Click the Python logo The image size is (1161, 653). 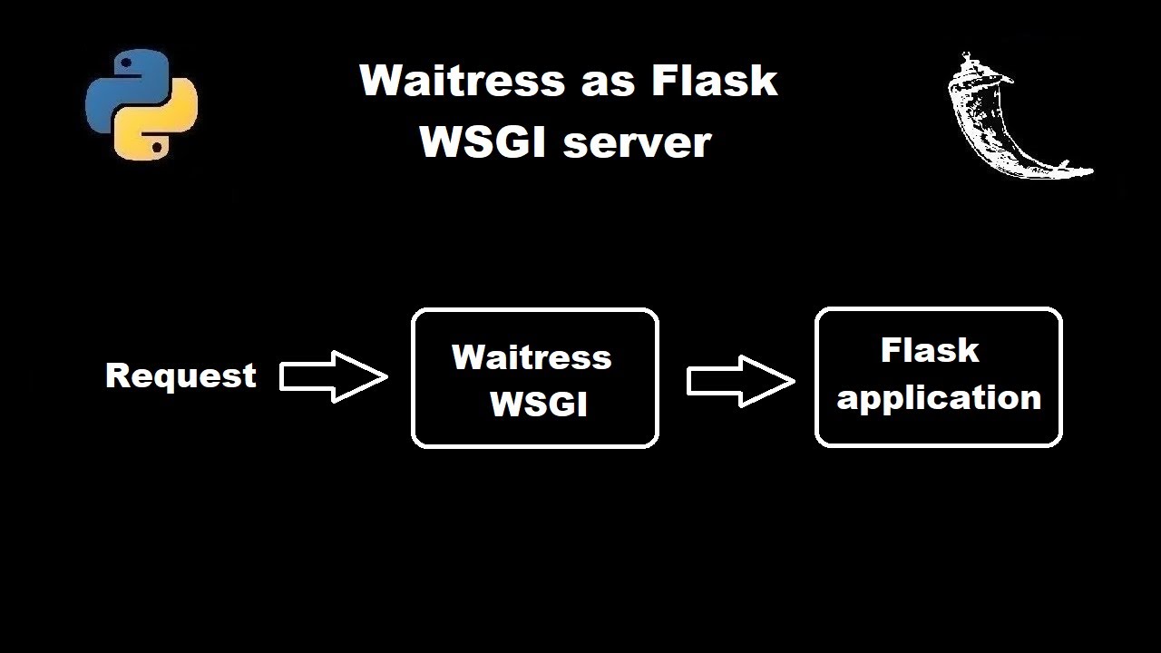[x=141, y=104]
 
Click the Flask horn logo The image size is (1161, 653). [x=1007, y=118]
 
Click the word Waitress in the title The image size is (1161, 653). [x=463, y=80]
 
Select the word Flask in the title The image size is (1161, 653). [x=714, y=80]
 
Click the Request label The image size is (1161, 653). [x=180, y=375]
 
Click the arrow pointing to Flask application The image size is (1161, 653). [x=740, y=381]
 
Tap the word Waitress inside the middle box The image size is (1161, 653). [x=532, y=357]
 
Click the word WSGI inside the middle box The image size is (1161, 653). [x=539, y=404]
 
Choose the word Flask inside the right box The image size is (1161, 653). [x=930, y=350]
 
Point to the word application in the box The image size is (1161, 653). [x=939, y=398]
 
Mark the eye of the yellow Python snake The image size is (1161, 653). [x=157, y=146]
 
